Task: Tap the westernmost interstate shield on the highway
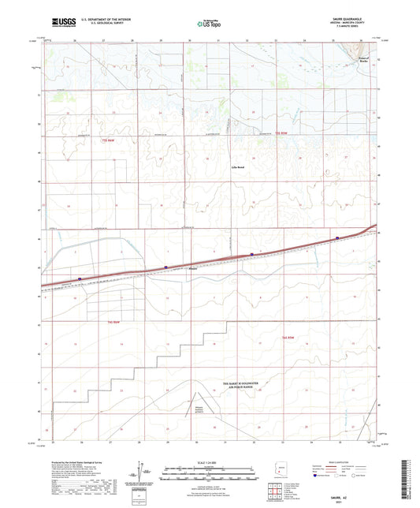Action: (80, 278)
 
